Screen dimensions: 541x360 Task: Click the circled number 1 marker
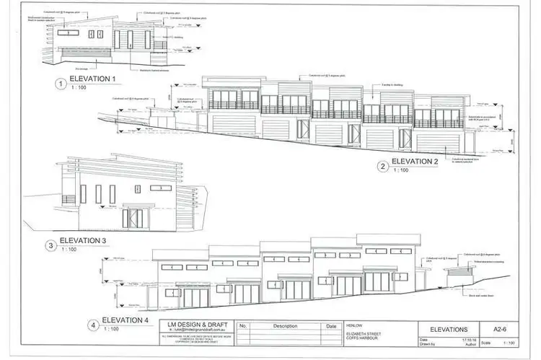60,83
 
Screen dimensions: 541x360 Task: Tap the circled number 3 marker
51,245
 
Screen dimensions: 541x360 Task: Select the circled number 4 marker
94,325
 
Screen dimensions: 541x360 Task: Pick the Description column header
286,326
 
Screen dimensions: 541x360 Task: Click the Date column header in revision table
331,326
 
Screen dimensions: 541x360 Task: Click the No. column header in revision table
242,326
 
